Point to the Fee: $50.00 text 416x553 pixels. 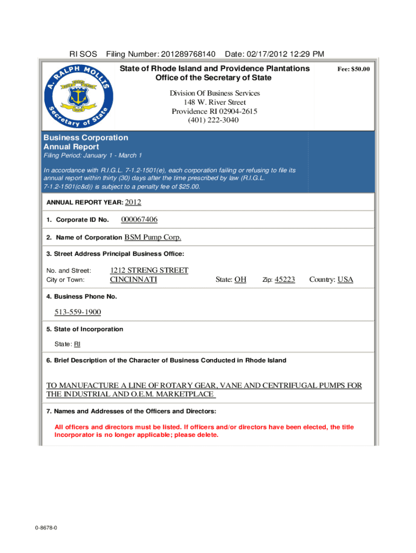[x=353, y=70]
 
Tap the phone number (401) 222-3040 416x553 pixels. [x=213, y=120]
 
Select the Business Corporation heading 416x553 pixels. [x=85, y=138]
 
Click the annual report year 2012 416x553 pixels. [x=133, y=203]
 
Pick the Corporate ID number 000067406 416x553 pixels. [x=139, y=220]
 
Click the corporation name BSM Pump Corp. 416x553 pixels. [x=153, y=238]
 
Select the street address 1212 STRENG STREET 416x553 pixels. [x=149, y=270]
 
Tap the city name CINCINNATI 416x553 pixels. [x=133, y=280]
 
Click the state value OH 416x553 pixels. [x=240, y=280]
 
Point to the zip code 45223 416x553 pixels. [x=285, y=280]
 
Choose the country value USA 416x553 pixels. [x=345, y=280]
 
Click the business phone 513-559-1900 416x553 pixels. [x=78, y=312]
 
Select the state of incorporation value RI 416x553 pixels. [x=77, y=345]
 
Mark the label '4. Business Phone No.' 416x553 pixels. [x=82, y=296]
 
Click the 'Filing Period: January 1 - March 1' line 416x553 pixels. [x=92, y=156]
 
